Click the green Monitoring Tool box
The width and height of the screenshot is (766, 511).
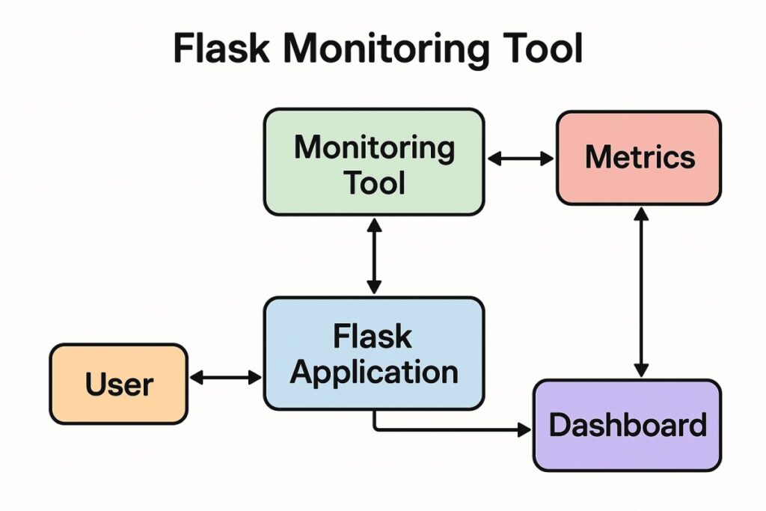click(x=374, y=162)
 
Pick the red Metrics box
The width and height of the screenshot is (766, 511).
click(x=639, y=158)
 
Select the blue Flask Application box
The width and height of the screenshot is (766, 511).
click(x=374, y=353)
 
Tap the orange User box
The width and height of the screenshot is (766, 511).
click(x=118, y=384)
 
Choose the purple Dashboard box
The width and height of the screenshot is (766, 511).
click(x=627, y=425)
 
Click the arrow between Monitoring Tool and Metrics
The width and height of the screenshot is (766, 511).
click(x=521, y=158)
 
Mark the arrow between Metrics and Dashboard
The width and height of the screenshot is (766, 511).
click(x=640, y=292)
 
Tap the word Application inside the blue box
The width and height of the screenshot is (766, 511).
click(x=374, y=371)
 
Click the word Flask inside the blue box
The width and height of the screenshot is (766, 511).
click(x=373, y=336)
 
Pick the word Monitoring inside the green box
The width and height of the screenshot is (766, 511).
click(x=374, y=147)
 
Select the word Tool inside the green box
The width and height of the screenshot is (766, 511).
click(x=374, y=182)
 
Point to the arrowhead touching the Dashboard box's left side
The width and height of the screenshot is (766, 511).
click(x=524, y=429)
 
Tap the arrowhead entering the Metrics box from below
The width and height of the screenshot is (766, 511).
click(x=640, y=213)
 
